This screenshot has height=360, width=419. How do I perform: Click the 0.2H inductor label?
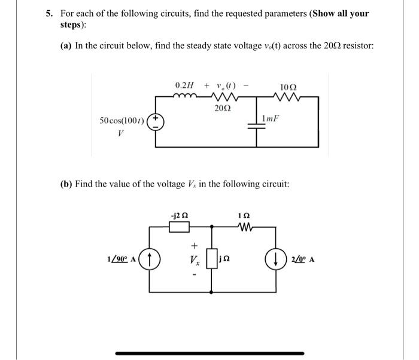pos(185,86)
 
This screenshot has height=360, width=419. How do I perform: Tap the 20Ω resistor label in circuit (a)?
pos(221,108)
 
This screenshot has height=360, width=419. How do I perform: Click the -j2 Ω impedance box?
pos(179,227)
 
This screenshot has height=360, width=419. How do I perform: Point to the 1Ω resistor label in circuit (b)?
pos(243,215)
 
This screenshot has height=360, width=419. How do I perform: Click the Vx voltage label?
pos(194,261)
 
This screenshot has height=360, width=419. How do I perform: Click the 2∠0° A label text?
pos(302,261)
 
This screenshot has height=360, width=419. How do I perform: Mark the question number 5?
pos(50,13)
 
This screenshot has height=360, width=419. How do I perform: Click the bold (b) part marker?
pos(66,184)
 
